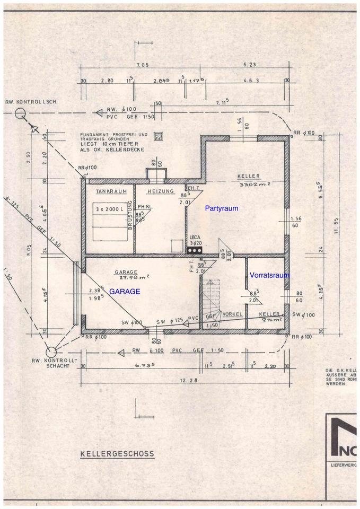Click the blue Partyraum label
222,208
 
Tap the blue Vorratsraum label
270,275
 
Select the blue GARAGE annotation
125,291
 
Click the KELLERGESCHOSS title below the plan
117,454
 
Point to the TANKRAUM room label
111,191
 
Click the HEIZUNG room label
160,191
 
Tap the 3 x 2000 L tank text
111,209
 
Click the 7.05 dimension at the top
142,65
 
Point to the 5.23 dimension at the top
249,65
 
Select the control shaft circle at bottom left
51,351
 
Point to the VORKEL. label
232,314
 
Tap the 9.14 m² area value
271,320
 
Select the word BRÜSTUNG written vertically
130,217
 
